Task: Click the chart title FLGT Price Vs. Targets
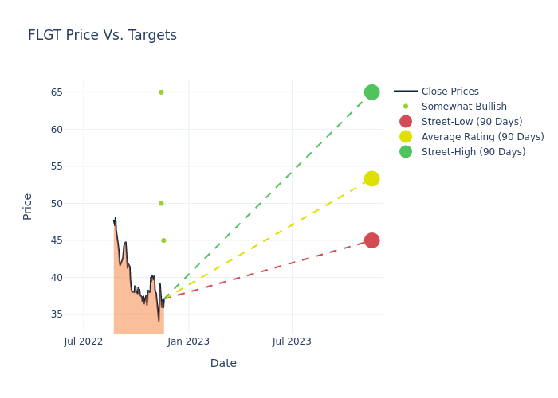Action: click(102, 36)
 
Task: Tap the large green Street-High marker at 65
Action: click(371, 92)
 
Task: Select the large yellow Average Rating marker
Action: click(371, 178)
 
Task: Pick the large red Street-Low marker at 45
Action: click(371, 240)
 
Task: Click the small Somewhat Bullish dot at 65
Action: click(161, 92)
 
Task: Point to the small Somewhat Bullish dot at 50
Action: click(161, 203)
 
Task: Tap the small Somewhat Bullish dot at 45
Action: click(163, 240)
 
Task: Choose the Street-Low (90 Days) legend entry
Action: click(471, 122)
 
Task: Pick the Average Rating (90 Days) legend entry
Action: click(482, 137)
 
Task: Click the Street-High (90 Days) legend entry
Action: click(474, 152)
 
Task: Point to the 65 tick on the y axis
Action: click(57, 92)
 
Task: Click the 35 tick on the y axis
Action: click(57, 314)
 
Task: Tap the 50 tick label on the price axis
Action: click(57, 203)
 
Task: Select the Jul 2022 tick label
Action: click(84, 341)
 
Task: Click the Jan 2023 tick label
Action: click(189, 341)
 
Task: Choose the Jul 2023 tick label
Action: click(292, 341)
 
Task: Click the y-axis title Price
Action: click(28, 206)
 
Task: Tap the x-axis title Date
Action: click(223, 364)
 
